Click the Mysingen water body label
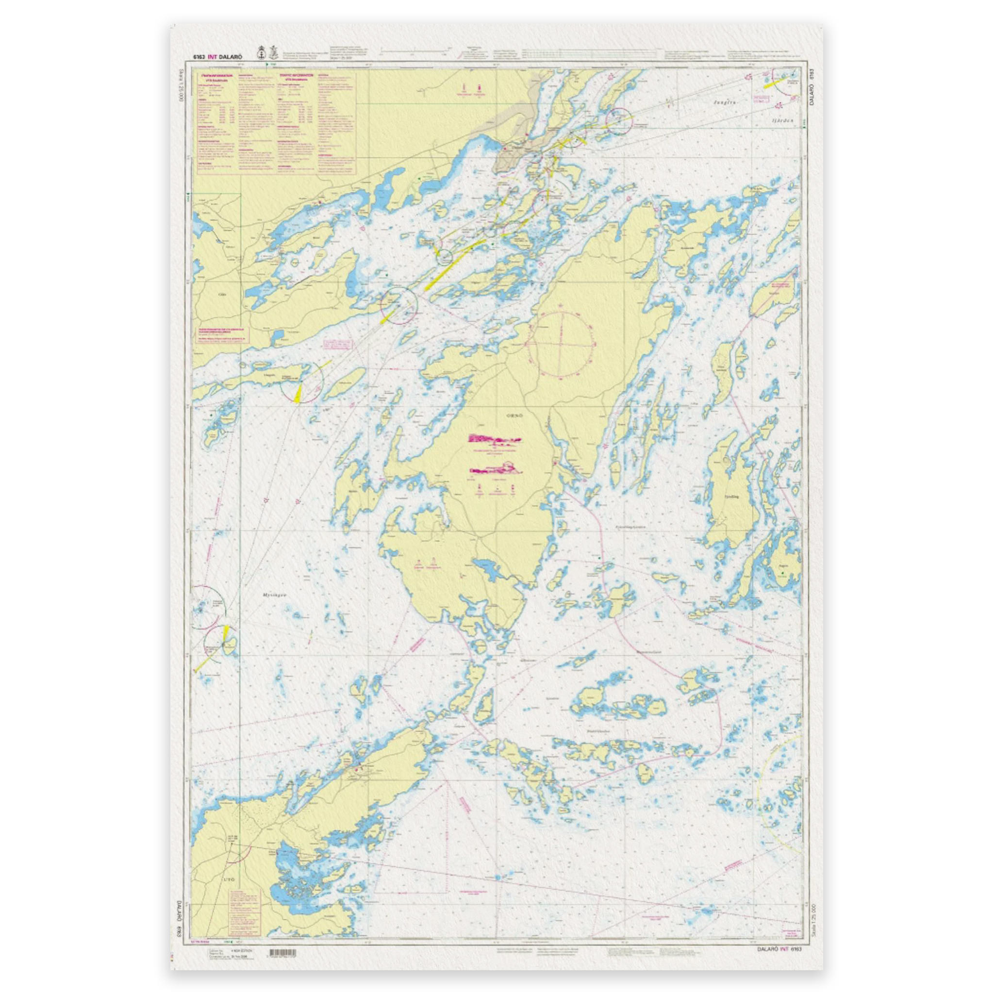click(x=274, y=595)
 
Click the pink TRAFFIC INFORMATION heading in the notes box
click(x=296, y=75)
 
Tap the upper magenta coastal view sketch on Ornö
click(x=494, y=439)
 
